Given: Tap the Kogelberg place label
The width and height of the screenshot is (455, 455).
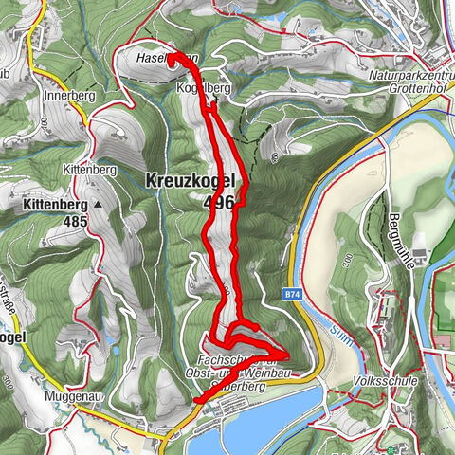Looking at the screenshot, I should [x=203, y=87].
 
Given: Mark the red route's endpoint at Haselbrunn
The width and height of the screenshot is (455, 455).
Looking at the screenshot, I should [x=173, y=59].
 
